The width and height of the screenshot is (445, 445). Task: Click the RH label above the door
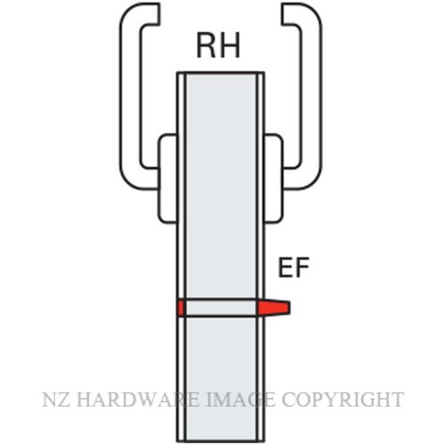[218, 45]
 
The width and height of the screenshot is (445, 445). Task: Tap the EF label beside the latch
[294, 267]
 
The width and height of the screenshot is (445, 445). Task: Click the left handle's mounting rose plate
[168, 179]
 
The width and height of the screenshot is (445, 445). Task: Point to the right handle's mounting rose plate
[273, 179]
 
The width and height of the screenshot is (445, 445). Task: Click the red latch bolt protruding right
[273, 307]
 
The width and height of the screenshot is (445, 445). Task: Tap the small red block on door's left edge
[182, 307]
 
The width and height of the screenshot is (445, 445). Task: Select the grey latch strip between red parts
[221, 308]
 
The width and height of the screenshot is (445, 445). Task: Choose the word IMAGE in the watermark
[240, 400]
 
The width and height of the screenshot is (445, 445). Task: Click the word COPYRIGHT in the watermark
[343, 400]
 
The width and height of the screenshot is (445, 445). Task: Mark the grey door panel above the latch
[221, 185]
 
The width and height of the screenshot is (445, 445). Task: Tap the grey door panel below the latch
[221, 378]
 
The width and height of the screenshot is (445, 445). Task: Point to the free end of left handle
[158, 13]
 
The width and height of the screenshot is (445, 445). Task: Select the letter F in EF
[303, 267]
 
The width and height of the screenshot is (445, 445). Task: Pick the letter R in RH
[206, 45]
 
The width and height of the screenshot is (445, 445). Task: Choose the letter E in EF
[285, 267]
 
